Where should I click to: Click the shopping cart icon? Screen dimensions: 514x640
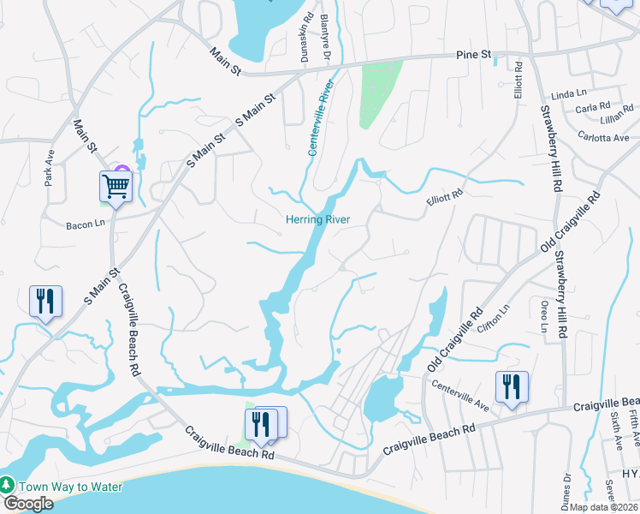tap(116, 185)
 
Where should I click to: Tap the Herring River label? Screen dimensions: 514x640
tap(317, 219)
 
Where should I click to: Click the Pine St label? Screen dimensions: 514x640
tap(473, 55)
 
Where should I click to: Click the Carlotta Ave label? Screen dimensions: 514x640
tap(603, 137)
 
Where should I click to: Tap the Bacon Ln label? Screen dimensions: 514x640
tap(85, 226)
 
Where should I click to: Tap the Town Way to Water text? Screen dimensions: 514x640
tap(70, 487)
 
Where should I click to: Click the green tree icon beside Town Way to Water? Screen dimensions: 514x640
tap(8, 486)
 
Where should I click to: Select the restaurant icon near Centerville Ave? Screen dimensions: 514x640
tap(511, 385)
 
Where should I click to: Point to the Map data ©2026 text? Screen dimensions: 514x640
tap(603, 507)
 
